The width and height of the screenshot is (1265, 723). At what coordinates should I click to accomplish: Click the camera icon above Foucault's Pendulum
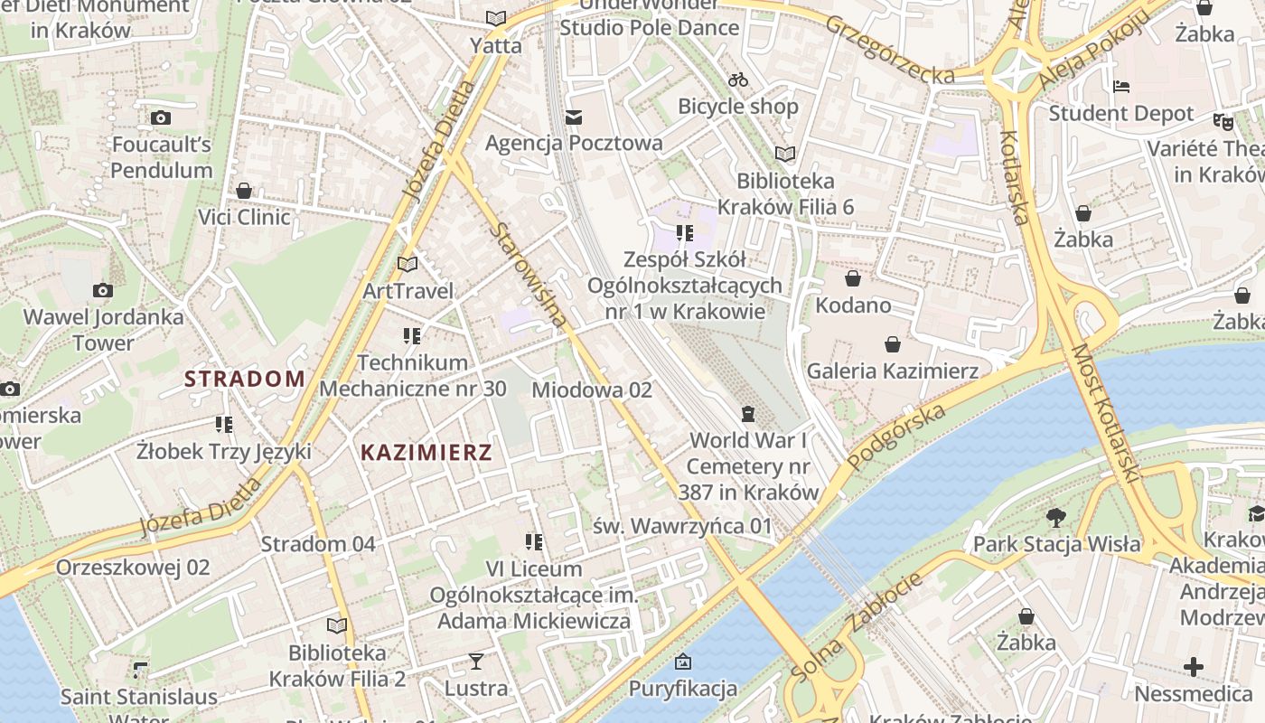[x=161, y=117]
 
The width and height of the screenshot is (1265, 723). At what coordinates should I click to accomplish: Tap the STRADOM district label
[x=245, y=379]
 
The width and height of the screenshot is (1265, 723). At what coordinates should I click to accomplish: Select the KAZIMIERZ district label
[x=426, y=453]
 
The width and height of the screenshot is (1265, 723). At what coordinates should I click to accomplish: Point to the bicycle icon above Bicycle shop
[x=738, y=80]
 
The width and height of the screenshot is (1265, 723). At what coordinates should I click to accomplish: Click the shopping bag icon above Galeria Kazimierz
[x=893, y=344]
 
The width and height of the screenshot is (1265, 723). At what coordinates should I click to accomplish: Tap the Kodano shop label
[x=853, y=305]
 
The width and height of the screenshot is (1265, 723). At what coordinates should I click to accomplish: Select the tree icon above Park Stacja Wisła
[x=1055, y=518]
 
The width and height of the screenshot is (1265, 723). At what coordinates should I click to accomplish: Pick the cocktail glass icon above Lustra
[x=476, y=662]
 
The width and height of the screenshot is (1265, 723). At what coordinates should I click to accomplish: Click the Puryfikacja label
[x=683, y=689]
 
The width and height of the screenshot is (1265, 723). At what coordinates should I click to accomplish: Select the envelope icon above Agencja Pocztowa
[x=574, y=117]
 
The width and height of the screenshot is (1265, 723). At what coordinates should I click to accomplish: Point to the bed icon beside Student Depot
[x=1121, y=87]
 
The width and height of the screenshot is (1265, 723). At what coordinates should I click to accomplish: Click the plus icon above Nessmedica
[x=1194, y=668]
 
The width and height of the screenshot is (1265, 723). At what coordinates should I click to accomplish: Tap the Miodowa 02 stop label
[x=592, y=390]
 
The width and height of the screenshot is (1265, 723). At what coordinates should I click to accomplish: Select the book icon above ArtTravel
[x=408, y=265]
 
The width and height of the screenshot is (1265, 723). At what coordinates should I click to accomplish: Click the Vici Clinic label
[x=244, y=217]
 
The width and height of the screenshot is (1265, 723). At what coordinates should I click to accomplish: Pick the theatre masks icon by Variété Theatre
[x=1223, y=120]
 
